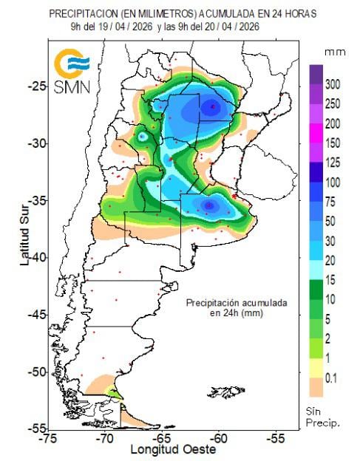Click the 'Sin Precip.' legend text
[x=323, y=417]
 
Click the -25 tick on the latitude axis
[x=34, y=86]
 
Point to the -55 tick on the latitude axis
[x=34, y=428]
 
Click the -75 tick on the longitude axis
[x=48, y=438]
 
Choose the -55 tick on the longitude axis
[x=275, y=438]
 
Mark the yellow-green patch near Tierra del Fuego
[x=112, y=392]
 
